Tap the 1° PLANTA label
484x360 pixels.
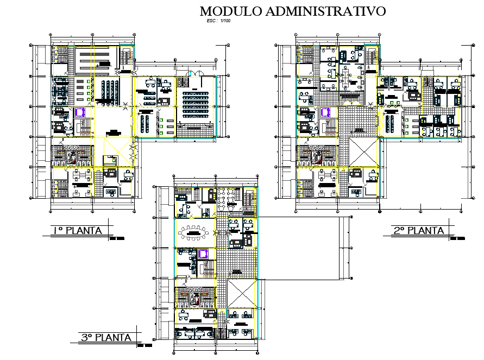click(x=77, y=231)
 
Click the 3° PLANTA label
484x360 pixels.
click(x=106, y=338)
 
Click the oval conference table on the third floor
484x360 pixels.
click(x=192, y=234)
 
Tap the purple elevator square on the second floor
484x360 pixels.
click(x=325, y=112)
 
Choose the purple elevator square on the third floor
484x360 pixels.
click(x=203, y=254)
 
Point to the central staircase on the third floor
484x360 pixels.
click(x=208, y=268)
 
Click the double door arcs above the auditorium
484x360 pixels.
click(x=193, y=74)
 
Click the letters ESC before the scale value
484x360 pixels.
click(x=210, y=21)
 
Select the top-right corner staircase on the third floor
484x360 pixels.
click(x=249, y=199)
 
